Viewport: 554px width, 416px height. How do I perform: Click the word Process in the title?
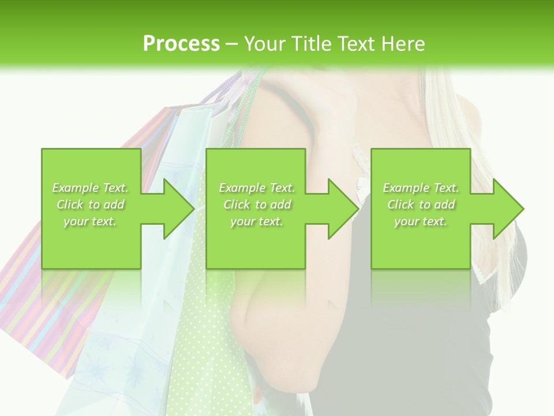(x=181, y=44)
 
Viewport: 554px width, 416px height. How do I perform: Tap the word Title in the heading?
(x=313, y=44)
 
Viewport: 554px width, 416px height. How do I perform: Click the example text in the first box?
(x=91, y=205)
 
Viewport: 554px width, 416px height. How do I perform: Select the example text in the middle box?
(x=257, y=205)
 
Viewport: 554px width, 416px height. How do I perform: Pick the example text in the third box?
(x=421, y=205)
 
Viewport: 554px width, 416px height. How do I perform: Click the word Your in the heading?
(x=266, y=44)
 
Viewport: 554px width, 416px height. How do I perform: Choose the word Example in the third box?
(x=406, y=188)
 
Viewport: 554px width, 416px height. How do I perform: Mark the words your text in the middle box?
(x=257, y=221)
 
